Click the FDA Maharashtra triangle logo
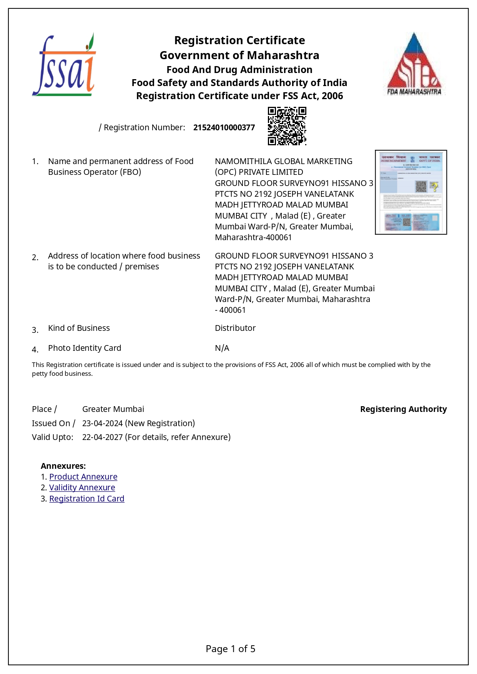pyautogui.click(x=414, y=64)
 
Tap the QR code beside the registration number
pyautogui.click(x=287, y=126)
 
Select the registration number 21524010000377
pyautogui.click(x=224, y=128)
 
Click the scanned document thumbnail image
pyautogui.click(x=411, y=192)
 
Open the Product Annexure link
pyautogui.click(x=83, y=477)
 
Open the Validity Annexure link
pyautogui.click(x=82, y=488)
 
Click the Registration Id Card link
pyautogui.click(x=86, y=499)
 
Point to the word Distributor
pyautogui.click(x=235, y=328)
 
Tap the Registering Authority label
pyautogui.click(x=403, y=409)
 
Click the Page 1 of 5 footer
pyautogui.click(x=230, y=649)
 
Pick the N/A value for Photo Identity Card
pyautogui.click(x=222, y=348)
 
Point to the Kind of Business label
pyautogui.click(x=79, y=328)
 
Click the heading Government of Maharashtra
pyautogui.click(x=239, y=55)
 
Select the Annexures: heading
pyautogui.click(x=63, y=466)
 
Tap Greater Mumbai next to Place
pyautogui.click(x=113, y=409)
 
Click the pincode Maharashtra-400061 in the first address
pyautogui.click(x=253, y=237)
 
